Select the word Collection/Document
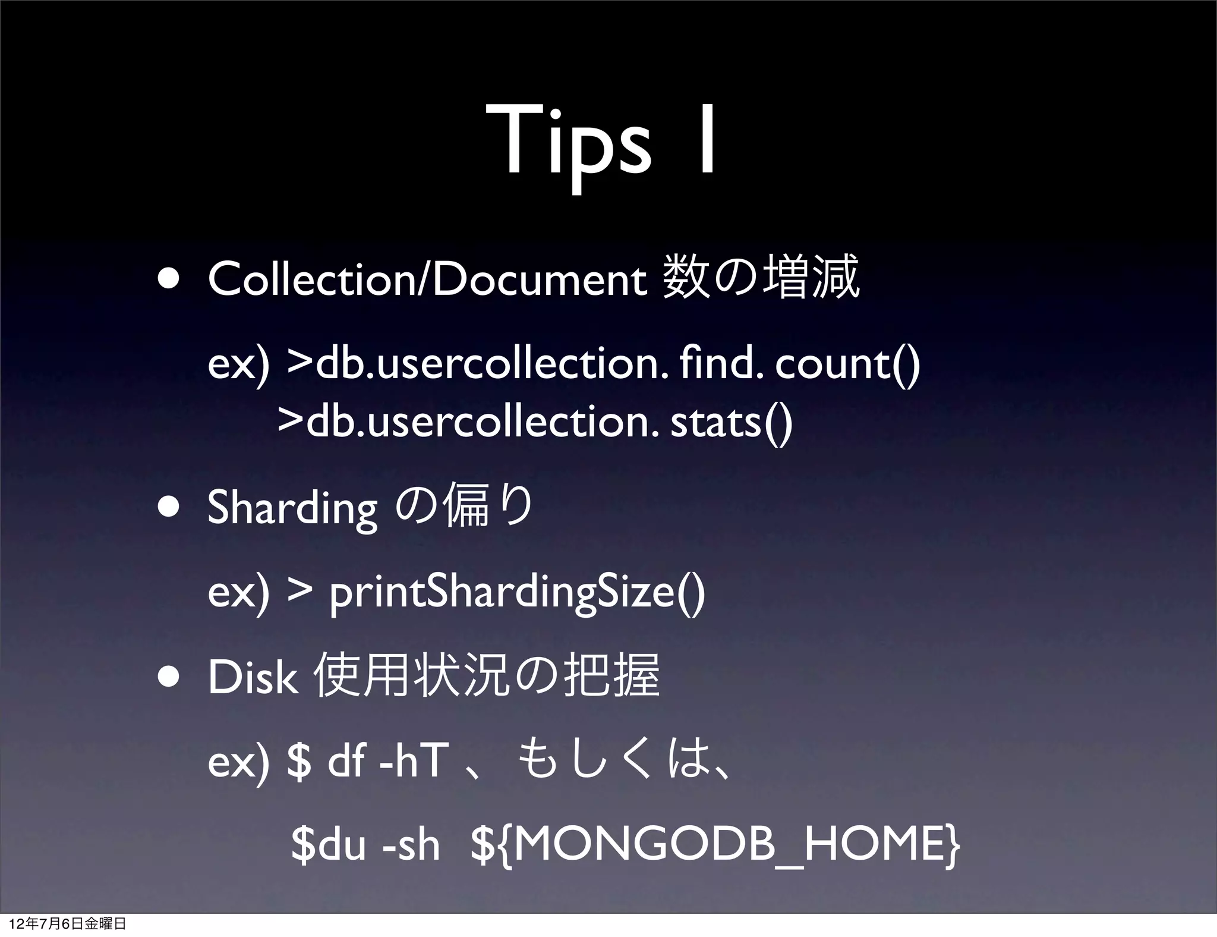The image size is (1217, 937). (x=427, y=279)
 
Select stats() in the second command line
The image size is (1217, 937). (x=731, y=422)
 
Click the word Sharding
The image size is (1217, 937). (x=292, y=508)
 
